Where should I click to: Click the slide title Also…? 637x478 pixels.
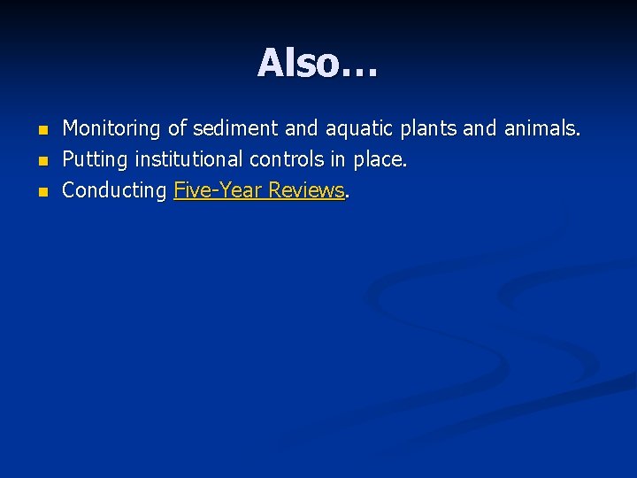coord(318,63)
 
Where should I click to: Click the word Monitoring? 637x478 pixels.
coord(111,129)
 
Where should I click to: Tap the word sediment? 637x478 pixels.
coord(235,129)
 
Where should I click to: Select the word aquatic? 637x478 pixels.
coord(361,129)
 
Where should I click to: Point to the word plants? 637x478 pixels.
coord(430,129)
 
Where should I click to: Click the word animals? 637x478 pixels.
coord(541,129)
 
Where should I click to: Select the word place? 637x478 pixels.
coord(380,160)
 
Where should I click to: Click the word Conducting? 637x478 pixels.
coord(115,190)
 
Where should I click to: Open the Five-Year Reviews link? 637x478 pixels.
coord(258,190)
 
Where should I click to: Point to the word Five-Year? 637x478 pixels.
coord(218,190)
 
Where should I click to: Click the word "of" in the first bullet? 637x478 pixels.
coord(178,129)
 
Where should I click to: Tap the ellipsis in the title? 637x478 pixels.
coord(358,66)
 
